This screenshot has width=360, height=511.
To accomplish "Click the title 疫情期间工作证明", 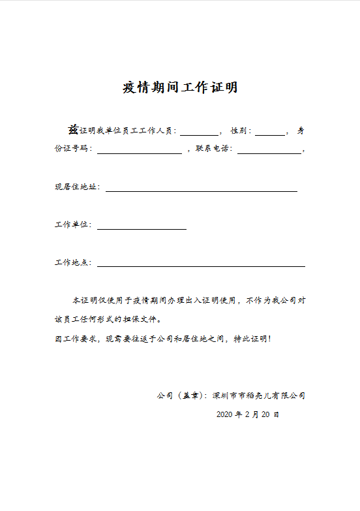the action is click(180, 87).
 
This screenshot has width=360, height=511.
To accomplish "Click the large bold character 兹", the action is click(74, 129).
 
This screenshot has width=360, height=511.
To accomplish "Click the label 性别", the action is click(239, 131).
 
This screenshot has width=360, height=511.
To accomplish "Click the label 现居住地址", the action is click(77, 187).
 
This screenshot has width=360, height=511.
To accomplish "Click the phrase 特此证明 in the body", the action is click(250, 339).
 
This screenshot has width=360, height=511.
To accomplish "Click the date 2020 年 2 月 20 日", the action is click(248, 414).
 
